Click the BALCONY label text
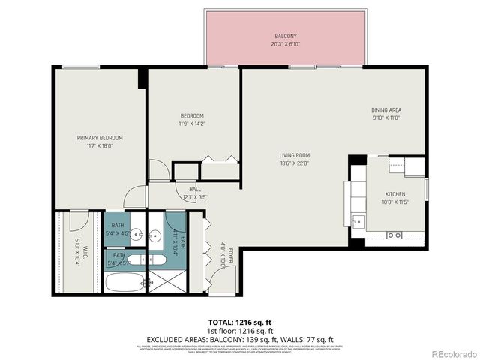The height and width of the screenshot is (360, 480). [285, 36]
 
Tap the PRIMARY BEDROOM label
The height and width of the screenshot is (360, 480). [100, 138]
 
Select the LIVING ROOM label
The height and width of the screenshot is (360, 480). [295, 155]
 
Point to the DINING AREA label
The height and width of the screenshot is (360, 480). [386, 110]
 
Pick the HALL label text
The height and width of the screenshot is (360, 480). [195, 190]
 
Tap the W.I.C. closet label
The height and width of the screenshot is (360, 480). [85, 252]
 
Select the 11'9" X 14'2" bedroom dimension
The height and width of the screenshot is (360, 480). [192, 124]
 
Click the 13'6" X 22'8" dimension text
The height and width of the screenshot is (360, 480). [295, 163]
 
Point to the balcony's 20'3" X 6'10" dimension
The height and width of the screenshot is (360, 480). [285, 44]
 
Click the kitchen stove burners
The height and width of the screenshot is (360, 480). [393, 235]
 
